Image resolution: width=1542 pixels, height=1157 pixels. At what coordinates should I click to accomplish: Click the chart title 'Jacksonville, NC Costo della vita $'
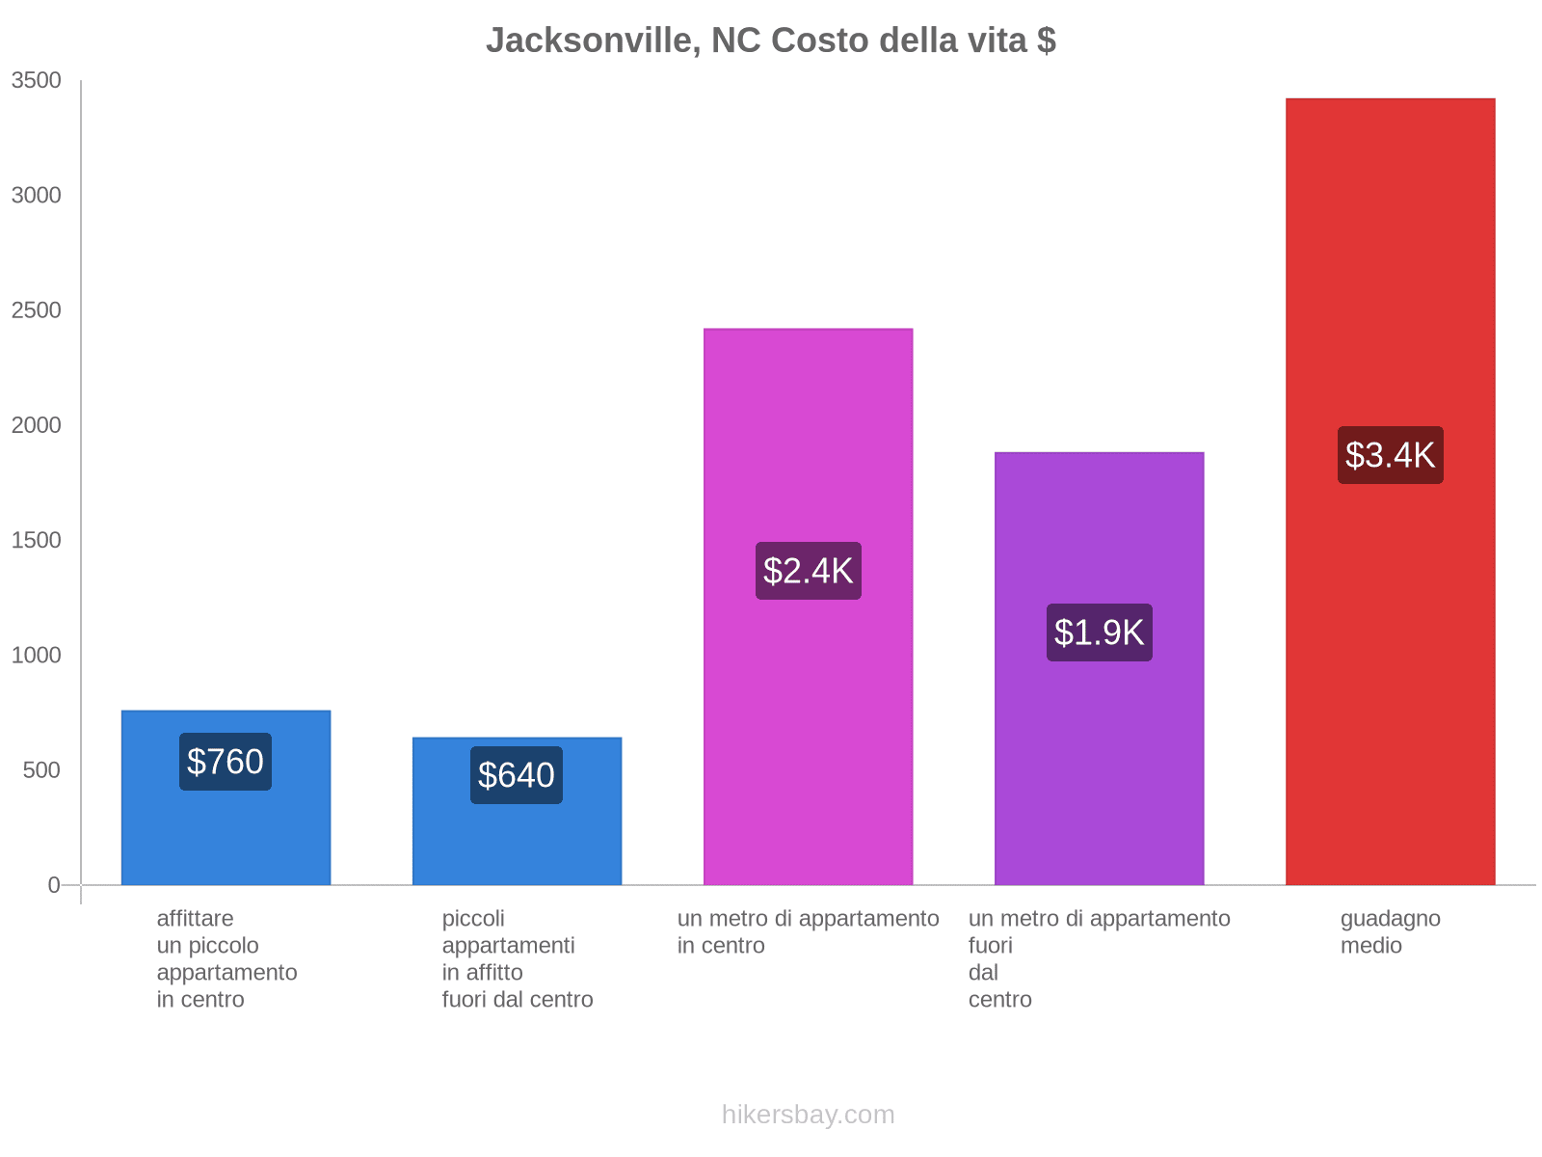coord(770,40)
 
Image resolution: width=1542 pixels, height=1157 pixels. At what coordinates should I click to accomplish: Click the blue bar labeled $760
coord(226,829)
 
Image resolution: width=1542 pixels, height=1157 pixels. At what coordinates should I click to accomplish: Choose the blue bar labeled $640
coord(517,839)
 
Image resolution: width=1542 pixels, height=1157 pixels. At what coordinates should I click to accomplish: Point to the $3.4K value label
coord(1390,455)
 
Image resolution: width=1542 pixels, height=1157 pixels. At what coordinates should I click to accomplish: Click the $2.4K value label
coord(808,571)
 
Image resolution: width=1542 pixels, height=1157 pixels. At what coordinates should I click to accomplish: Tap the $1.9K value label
coord(1099,632)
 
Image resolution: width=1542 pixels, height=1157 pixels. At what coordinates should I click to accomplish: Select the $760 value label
coord(226,762)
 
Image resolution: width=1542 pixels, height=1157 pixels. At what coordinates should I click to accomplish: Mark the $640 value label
coord(517,775)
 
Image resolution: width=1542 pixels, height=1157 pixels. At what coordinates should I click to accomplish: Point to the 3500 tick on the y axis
coord(37,81)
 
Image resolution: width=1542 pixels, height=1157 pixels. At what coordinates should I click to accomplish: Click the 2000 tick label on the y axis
coord(37,425)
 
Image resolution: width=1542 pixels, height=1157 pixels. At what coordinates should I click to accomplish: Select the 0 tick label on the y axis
coord(54,885)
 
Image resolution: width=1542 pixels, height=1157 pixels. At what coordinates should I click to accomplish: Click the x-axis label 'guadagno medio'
coord(1390,932)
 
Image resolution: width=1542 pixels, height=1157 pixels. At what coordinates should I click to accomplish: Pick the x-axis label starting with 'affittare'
coord(226,958)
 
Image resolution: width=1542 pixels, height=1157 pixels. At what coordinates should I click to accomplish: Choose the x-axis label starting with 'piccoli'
coord(518,958)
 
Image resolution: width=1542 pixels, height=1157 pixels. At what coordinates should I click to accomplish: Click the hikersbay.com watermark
coord(808,1115)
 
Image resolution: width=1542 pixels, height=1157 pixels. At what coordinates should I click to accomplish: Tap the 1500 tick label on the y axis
coord(37,540)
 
